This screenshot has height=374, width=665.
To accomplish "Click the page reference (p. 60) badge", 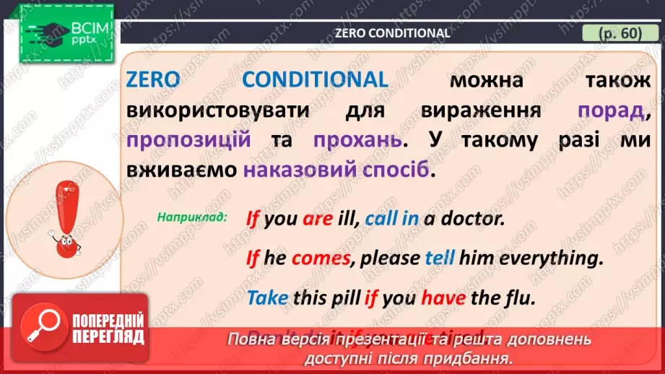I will pos(620,33).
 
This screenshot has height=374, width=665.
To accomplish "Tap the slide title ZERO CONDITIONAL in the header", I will pos(392,33).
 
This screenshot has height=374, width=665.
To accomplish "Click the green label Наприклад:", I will pos(191,217).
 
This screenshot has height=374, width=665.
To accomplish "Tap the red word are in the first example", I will pos(318,218).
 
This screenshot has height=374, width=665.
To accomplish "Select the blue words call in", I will pos(392,218).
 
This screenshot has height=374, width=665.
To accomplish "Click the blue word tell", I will pos(438,258).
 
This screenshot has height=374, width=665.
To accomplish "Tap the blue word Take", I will pos(267,297).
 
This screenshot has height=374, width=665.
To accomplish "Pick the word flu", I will pos(517,297).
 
